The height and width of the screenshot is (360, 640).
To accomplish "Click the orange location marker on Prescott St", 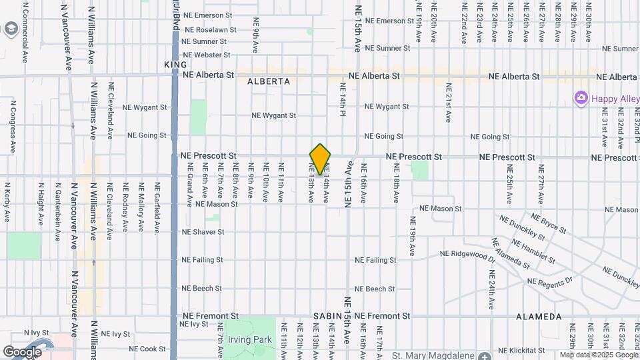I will pos(320,159).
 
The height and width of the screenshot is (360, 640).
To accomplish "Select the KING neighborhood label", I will pos(175,64).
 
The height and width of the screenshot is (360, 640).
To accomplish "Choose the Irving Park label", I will pos(250,339).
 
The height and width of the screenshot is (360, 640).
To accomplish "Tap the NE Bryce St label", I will pos(547,223).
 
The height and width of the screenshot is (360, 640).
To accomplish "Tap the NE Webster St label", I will pos(206,55).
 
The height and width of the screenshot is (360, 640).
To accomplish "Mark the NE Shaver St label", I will pos(203,232).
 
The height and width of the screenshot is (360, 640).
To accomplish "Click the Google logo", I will pos(23,351).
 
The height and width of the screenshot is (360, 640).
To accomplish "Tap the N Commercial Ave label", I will pos(25,32).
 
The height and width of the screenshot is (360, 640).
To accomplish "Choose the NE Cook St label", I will pos(147,349).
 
